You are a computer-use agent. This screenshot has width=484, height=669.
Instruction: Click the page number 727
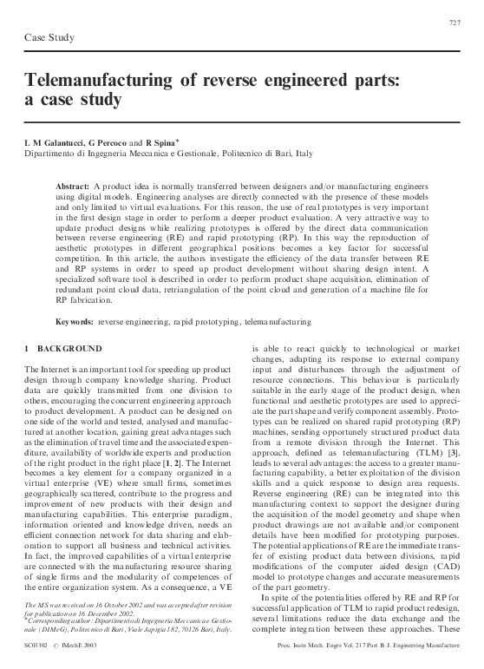(x=455, y=21)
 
